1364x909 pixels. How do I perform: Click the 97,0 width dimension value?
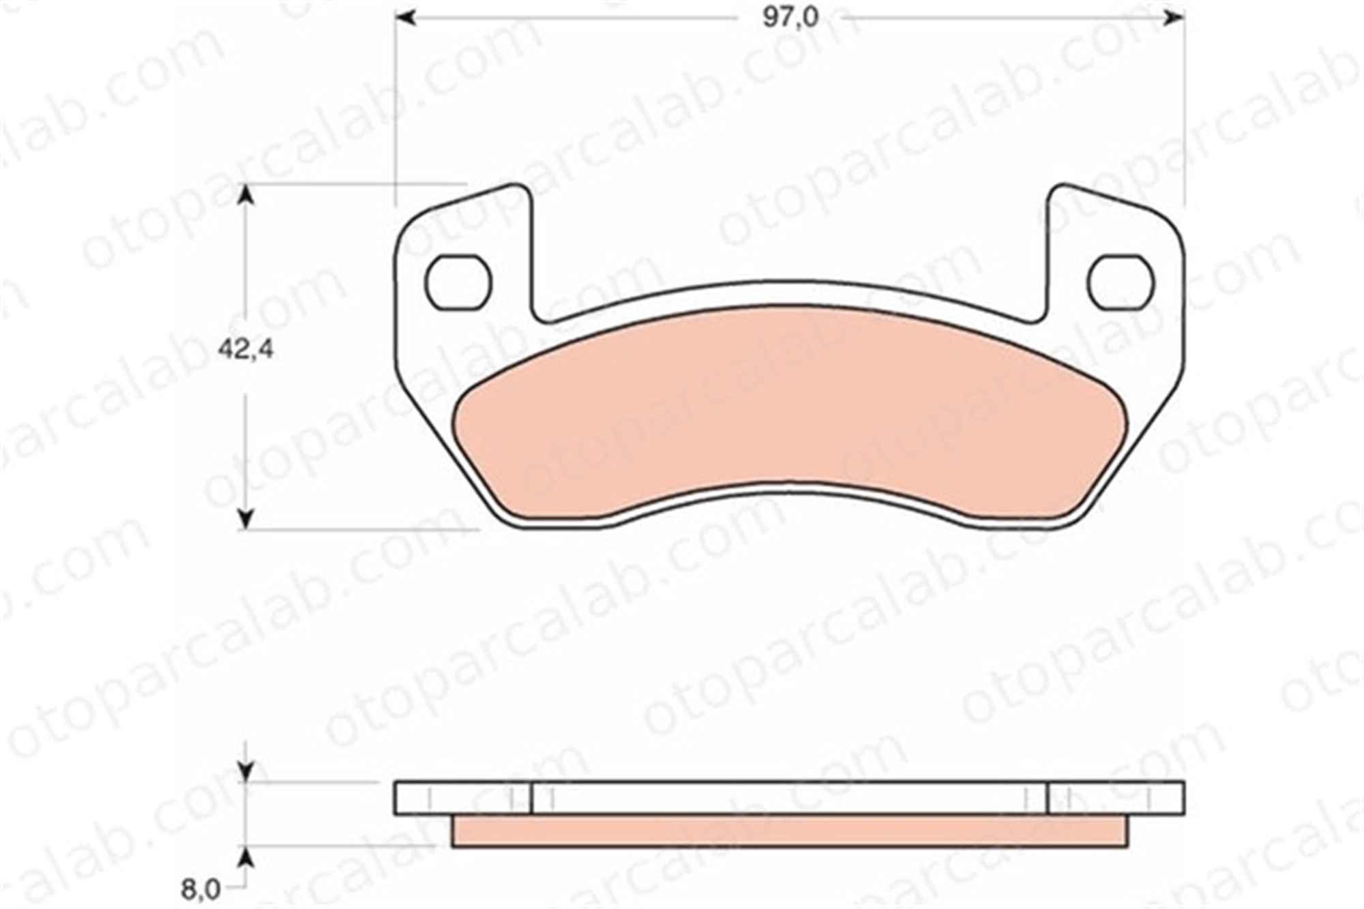click(790, 18)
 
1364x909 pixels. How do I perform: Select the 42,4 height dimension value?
click(246, 350)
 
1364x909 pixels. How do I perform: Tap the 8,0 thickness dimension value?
click(201, 889)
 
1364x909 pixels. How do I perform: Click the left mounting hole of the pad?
click(458, 282)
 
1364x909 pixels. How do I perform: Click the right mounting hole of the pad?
click(1121, 282)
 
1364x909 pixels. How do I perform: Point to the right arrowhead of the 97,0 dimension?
click(1174, 18)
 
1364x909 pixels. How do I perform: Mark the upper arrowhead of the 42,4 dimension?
click(246, 194)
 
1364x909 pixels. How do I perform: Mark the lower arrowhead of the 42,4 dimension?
click(246, 518)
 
